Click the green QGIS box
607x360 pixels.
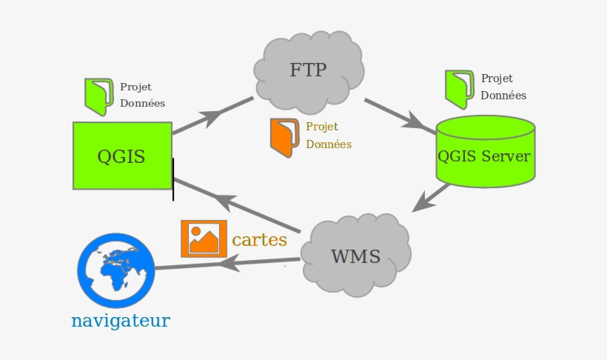(122, 156)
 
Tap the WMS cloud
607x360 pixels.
(356, 256)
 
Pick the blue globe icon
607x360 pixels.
(116, 270)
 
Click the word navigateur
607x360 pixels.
(121, 321)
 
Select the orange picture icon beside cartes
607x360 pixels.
(204, 238)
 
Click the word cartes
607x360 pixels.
(259, 240)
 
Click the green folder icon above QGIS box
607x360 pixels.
(98, 96)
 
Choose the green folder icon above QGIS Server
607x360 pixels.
(459, 87)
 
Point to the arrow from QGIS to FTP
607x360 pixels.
(212, 116)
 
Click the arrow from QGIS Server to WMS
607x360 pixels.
(431, 198)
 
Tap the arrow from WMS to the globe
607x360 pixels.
(229, 262)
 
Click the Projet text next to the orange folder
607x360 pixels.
(322, 127)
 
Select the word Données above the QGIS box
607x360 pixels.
(142, 104)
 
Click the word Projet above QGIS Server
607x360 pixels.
(497, 79)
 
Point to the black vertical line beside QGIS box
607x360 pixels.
(173, 179)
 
